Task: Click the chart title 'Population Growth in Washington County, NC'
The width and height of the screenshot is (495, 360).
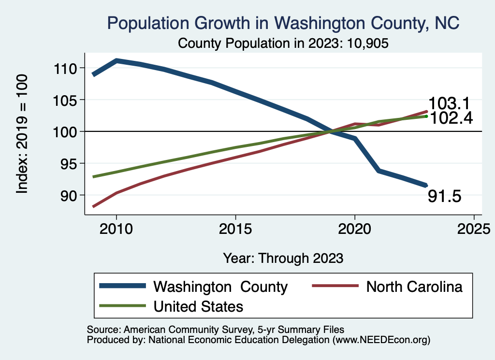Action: coord(283,23)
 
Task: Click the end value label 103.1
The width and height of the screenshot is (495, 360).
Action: coord(450,103)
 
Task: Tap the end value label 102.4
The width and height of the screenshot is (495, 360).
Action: coord(450,118)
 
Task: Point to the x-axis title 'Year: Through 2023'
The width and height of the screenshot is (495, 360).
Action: coord(283,258)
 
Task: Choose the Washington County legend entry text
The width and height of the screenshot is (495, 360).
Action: coord(220,287)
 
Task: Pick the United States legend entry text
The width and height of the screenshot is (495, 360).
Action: coord(198,306)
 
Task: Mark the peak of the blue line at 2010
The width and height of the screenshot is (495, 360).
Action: coord(116,61)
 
